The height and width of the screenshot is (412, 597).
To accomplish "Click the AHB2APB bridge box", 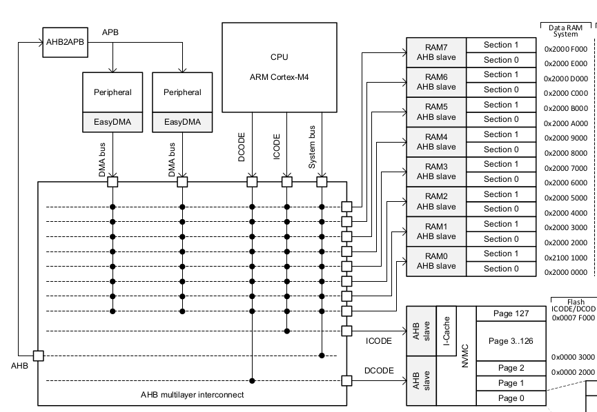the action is pos(65,42).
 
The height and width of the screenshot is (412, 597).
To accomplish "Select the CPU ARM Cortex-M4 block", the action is pos(280,68).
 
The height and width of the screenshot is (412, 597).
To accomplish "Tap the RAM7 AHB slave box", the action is pos(436,52).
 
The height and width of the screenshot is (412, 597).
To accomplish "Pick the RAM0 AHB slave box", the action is pos(436,261).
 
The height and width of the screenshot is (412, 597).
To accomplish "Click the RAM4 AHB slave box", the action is pos(436,142).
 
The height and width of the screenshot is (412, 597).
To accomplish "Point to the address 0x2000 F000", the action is pos(566,49).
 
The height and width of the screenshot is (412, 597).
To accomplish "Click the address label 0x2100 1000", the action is pos(566,258).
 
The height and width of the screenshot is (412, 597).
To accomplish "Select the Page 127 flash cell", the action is pos(511,313).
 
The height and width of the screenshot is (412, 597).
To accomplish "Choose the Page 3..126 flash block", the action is pos(511,341).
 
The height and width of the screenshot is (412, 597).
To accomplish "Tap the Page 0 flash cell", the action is pos(511,398).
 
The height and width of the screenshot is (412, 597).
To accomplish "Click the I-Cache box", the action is pos(447,331).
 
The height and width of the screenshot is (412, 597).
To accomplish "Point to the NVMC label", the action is pos(465,356).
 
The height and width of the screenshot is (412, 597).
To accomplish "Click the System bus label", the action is pos(312,147).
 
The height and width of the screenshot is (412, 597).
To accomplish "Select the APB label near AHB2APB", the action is pos(110,32).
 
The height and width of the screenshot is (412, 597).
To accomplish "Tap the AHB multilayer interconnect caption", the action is pos(193,395).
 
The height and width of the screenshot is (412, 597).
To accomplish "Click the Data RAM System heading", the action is pos(565,31).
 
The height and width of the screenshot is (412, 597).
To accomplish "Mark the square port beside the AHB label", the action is pos(39,356).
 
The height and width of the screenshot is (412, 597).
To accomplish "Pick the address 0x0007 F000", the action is pos(574,318).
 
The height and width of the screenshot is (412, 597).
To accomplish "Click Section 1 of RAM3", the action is pos(501,164).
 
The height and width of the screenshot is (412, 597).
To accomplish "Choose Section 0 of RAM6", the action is pos(501,90).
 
